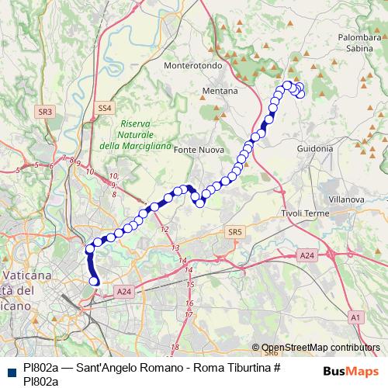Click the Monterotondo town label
[x=193, y=66]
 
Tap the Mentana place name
[x=220, y=91]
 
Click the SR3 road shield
[x=46, y=112]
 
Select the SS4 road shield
[x=105, y=107]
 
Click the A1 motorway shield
[x=355, y=317]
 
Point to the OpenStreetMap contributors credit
[x=320, y=348]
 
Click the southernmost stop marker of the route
[x=95, y=281]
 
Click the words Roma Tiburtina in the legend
[x=234, y=367]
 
